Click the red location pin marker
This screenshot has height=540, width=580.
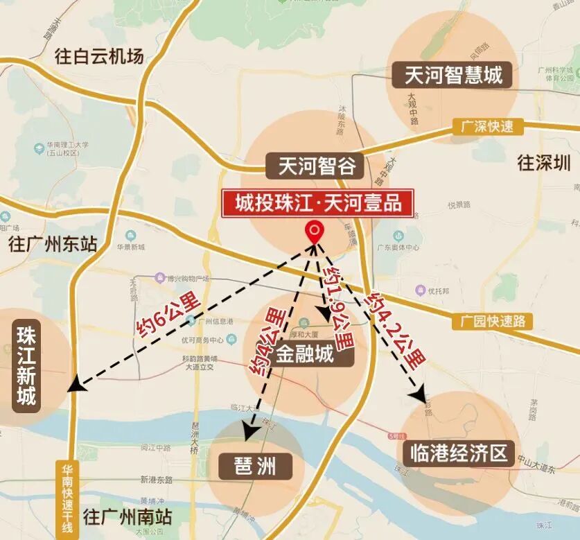(x=315, y=231)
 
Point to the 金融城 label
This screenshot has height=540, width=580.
(x=305, y=356)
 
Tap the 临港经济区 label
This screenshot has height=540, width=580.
(x=458, y=455)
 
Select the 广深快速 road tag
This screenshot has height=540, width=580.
(x=487, y=127)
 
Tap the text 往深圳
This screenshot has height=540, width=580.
(x=544, y=164)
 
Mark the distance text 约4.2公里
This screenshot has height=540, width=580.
(x=396, y=330)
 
